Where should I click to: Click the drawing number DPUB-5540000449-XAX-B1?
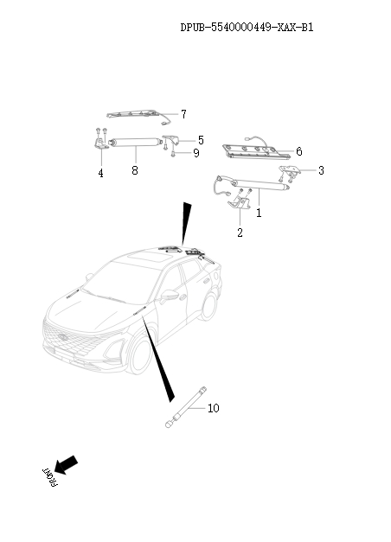coord(247,28)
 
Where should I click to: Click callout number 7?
coord(183,114)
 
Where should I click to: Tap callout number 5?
coord(201,140)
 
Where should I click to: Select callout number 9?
coord(196,153)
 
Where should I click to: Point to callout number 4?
coord(100,173)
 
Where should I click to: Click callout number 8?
coord(135,170)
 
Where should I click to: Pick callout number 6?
coord(299,151)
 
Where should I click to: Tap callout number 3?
coord(321,170)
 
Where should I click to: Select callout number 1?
coord(259,213)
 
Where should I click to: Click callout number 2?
coord(240,233)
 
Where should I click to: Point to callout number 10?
coord(214,408)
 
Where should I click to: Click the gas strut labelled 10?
coord(186,407)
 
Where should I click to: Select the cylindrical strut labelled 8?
coord(135,143)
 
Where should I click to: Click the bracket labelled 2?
coord(239,202)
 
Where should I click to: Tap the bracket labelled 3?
coord(290,169)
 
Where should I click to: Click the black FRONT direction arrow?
coord(66,465)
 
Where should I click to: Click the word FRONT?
coord(50,477)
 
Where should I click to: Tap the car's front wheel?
coord(139,355)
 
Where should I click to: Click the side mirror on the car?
coord(169,297)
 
